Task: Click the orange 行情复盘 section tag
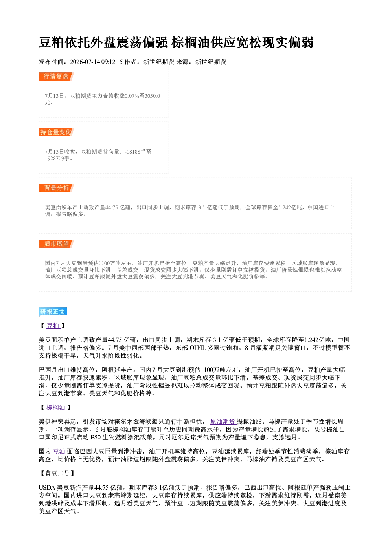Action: tap(56, 77)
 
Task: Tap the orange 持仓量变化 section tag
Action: tap(56, 132)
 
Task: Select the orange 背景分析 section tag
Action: tap(56, 188)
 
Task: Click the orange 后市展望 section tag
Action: tap(56, 244)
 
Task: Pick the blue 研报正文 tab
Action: tap(53, 311)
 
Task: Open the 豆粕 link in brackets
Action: tap(53, 326)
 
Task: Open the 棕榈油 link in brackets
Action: tap(57, 407)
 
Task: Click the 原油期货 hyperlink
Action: tap(223, 422)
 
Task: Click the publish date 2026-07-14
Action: tap(85, 62)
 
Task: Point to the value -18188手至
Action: tap(138, 152)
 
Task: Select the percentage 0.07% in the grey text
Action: tap(132, 96)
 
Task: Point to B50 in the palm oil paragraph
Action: tap(96, 437)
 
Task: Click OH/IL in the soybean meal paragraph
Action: tap(198, 348)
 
